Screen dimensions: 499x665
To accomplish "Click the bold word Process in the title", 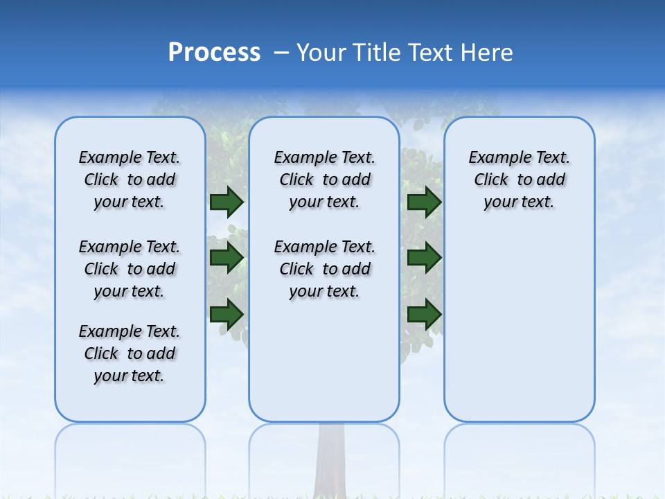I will click(x=214, y=53).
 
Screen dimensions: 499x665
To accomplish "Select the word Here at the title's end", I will click(x=487, y=53).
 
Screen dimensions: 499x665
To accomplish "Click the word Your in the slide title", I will click(x=321, y=53).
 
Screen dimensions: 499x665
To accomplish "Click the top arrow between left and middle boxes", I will click(x=227, y=202).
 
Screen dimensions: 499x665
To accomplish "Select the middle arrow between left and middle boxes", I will click(x=227, y=258).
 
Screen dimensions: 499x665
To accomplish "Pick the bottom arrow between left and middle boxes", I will click(x=227, y=314).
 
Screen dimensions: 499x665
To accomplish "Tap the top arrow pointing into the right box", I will click(x=424, y=202).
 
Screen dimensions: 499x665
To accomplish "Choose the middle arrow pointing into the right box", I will click(x=424, y=258).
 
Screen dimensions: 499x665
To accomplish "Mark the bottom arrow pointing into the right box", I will click(x=424, y=314).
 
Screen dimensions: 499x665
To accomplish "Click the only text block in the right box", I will click(x=519, y=180).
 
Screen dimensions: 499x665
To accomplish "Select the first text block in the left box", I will click(x=129, y=180).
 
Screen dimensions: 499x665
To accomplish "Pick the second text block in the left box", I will click(x=129, y=269).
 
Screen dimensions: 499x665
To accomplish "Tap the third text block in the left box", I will click(x=129, y=353).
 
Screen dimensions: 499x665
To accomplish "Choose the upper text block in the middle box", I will click(x=324, y=180).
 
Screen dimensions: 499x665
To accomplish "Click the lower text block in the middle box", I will click(x=324, y=269).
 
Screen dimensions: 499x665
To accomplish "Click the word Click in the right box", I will click(x=491, y=180).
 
